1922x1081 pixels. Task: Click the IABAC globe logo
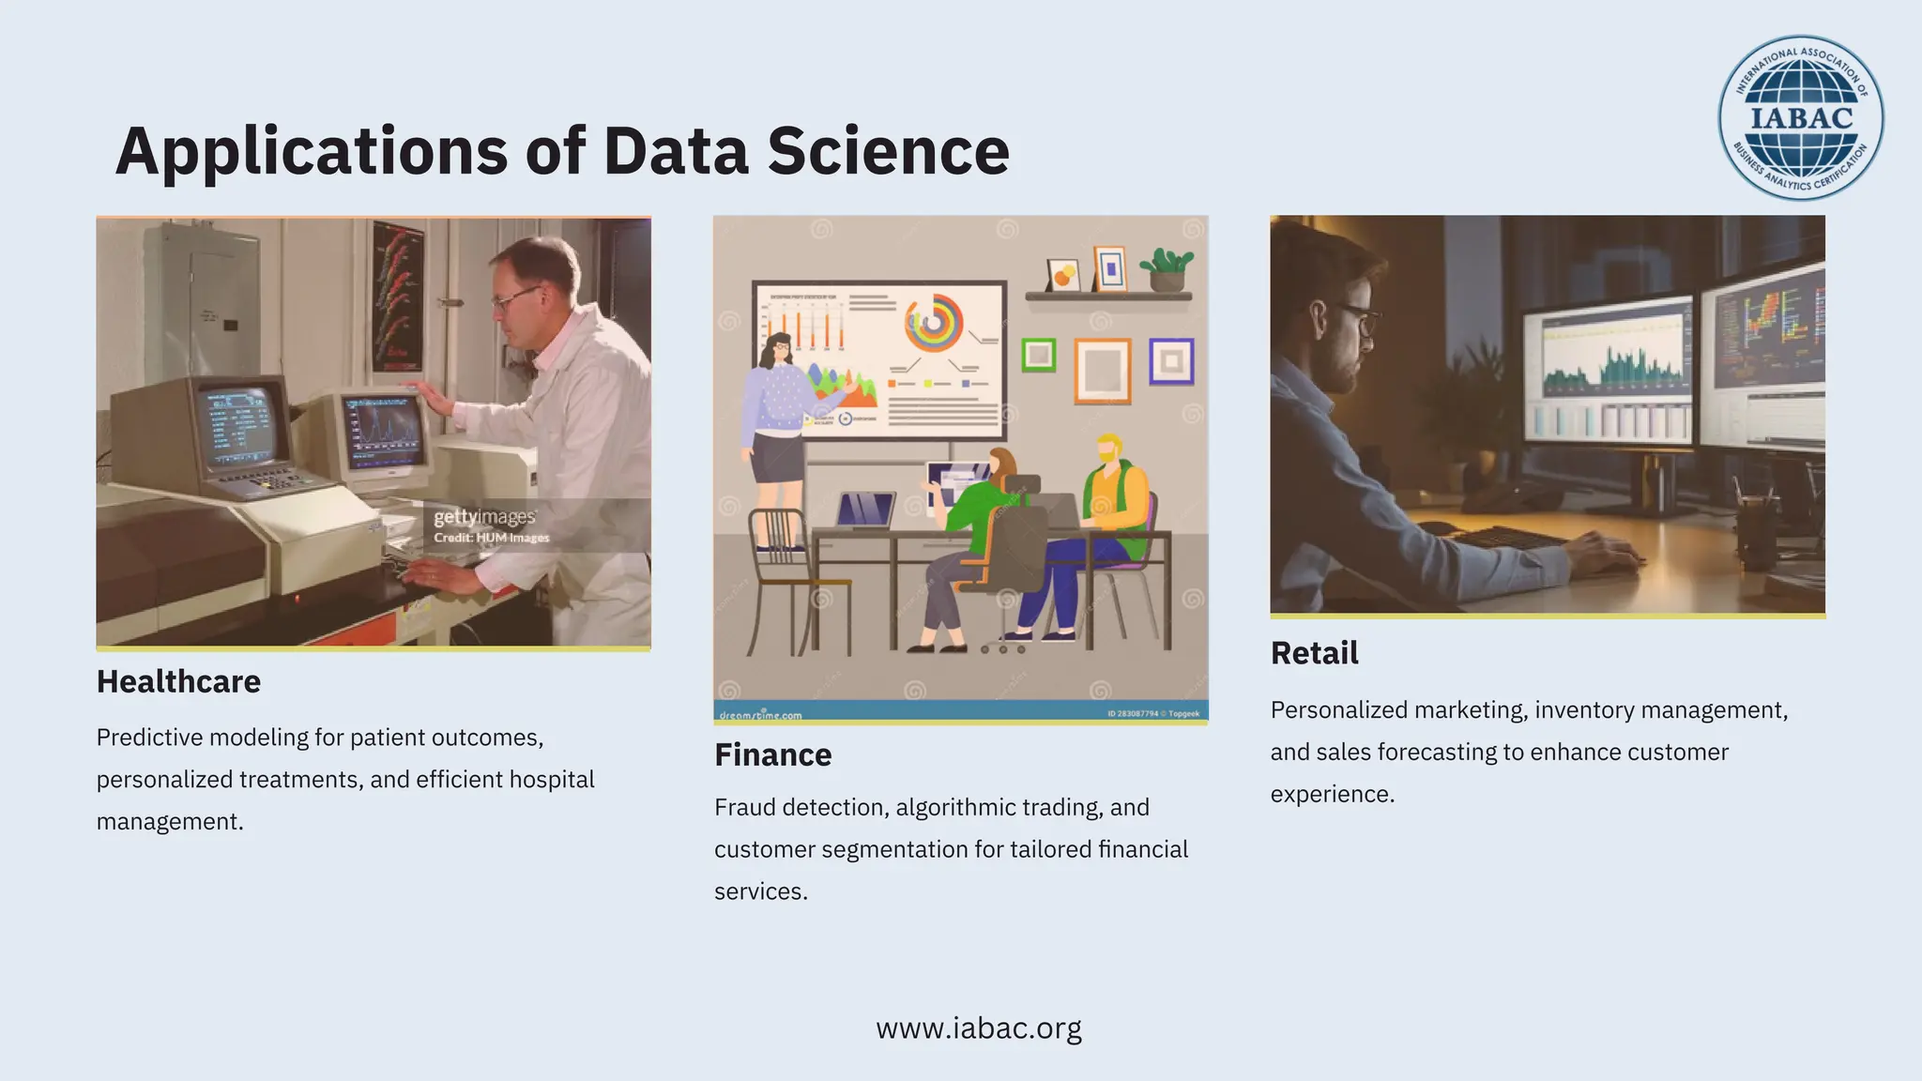[x=1800, y=117]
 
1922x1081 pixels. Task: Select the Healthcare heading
[x=178, y=681]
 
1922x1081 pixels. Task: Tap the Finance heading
[x=772, y=754]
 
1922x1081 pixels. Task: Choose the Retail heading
[x=1314, y=653]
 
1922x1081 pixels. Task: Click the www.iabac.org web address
[x=978, y=1028]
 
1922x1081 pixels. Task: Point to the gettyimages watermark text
[x=484, y=517]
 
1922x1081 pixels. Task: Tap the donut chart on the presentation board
[x=933, y=325]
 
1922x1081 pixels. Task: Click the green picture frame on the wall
[x=1038, y=355]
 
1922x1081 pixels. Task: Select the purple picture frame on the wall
[x=1171, y=361]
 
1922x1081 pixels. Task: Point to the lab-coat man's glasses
[x=513, y=297]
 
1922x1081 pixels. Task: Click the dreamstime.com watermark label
[x=760, y=715]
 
